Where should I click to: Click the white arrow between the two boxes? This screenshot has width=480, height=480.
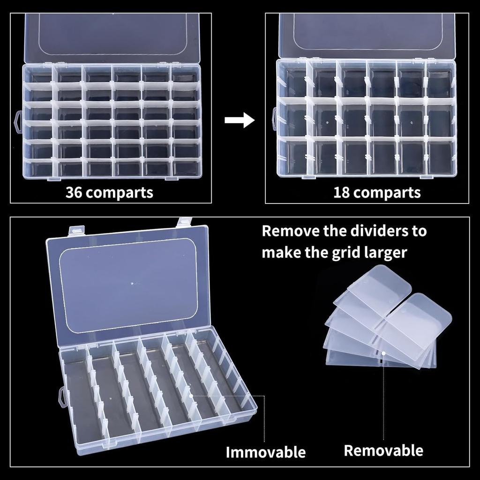[239, 120]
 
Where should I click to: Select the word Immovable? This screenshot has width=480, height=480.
[265, 452]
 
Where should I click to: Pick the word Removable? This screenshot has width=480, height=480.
[383, 451]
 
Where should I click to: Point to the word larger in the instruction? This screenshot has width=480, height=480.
[384, 253]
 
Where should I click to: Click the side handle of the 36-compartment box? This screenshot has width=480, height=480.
[18, 121]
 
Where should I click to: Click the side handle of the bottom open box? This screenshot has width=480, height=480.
[62, 397]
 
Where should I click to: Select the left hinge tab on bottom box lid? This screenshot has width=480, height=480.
[76, 230]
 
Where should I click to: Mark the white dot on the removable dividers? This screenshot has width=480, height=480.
[383, 353]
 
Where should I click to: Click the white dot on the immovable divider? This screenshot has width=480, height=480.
[192, 396]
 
